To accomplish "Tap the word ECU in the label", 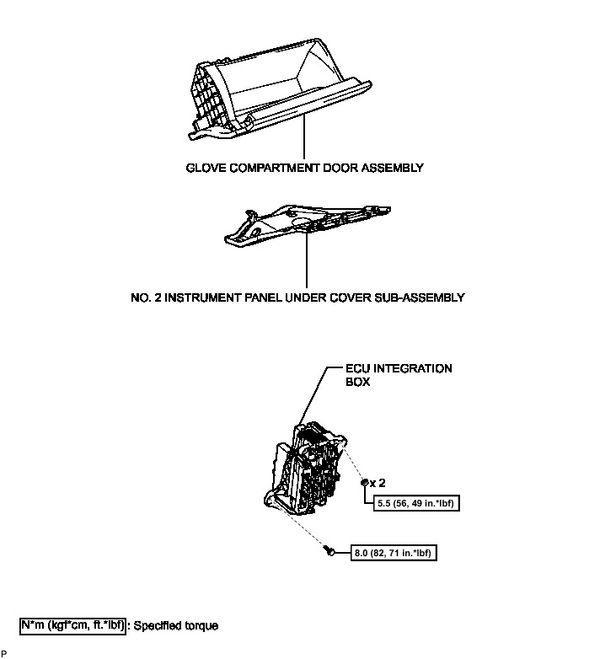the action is [358, 368].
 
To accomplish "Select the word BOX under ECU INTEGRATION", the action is [358, 381].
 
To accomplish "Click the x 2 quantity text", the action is [378, 484].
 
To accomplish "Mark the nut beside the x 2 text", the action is [364, 484].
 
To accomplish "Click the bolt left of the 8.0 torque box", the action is [329, 551].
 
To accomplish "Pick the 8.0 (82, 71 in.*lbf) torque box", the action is [389, 554].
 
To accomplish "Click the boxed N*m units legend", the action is [72, 625].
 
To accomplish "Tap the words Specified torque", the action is [176, 626].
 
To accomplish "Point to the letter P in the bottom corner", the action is [4, 653].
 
